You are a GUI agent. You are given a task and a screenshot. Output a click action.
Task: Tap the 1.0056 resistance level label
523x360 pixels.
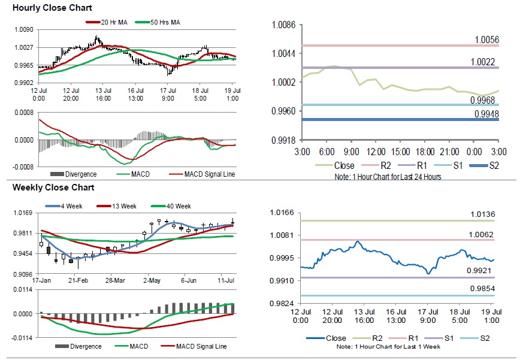486,40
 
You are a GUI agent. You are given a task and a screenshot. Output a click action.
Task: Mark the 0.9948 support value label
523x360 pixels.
486,113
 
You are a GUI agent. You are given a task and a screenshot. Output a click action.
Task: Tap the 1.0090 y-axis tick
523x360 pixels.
23,29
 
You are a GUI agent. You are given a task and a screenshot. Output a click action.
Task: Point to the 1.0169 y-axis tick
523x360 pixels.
23,212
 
